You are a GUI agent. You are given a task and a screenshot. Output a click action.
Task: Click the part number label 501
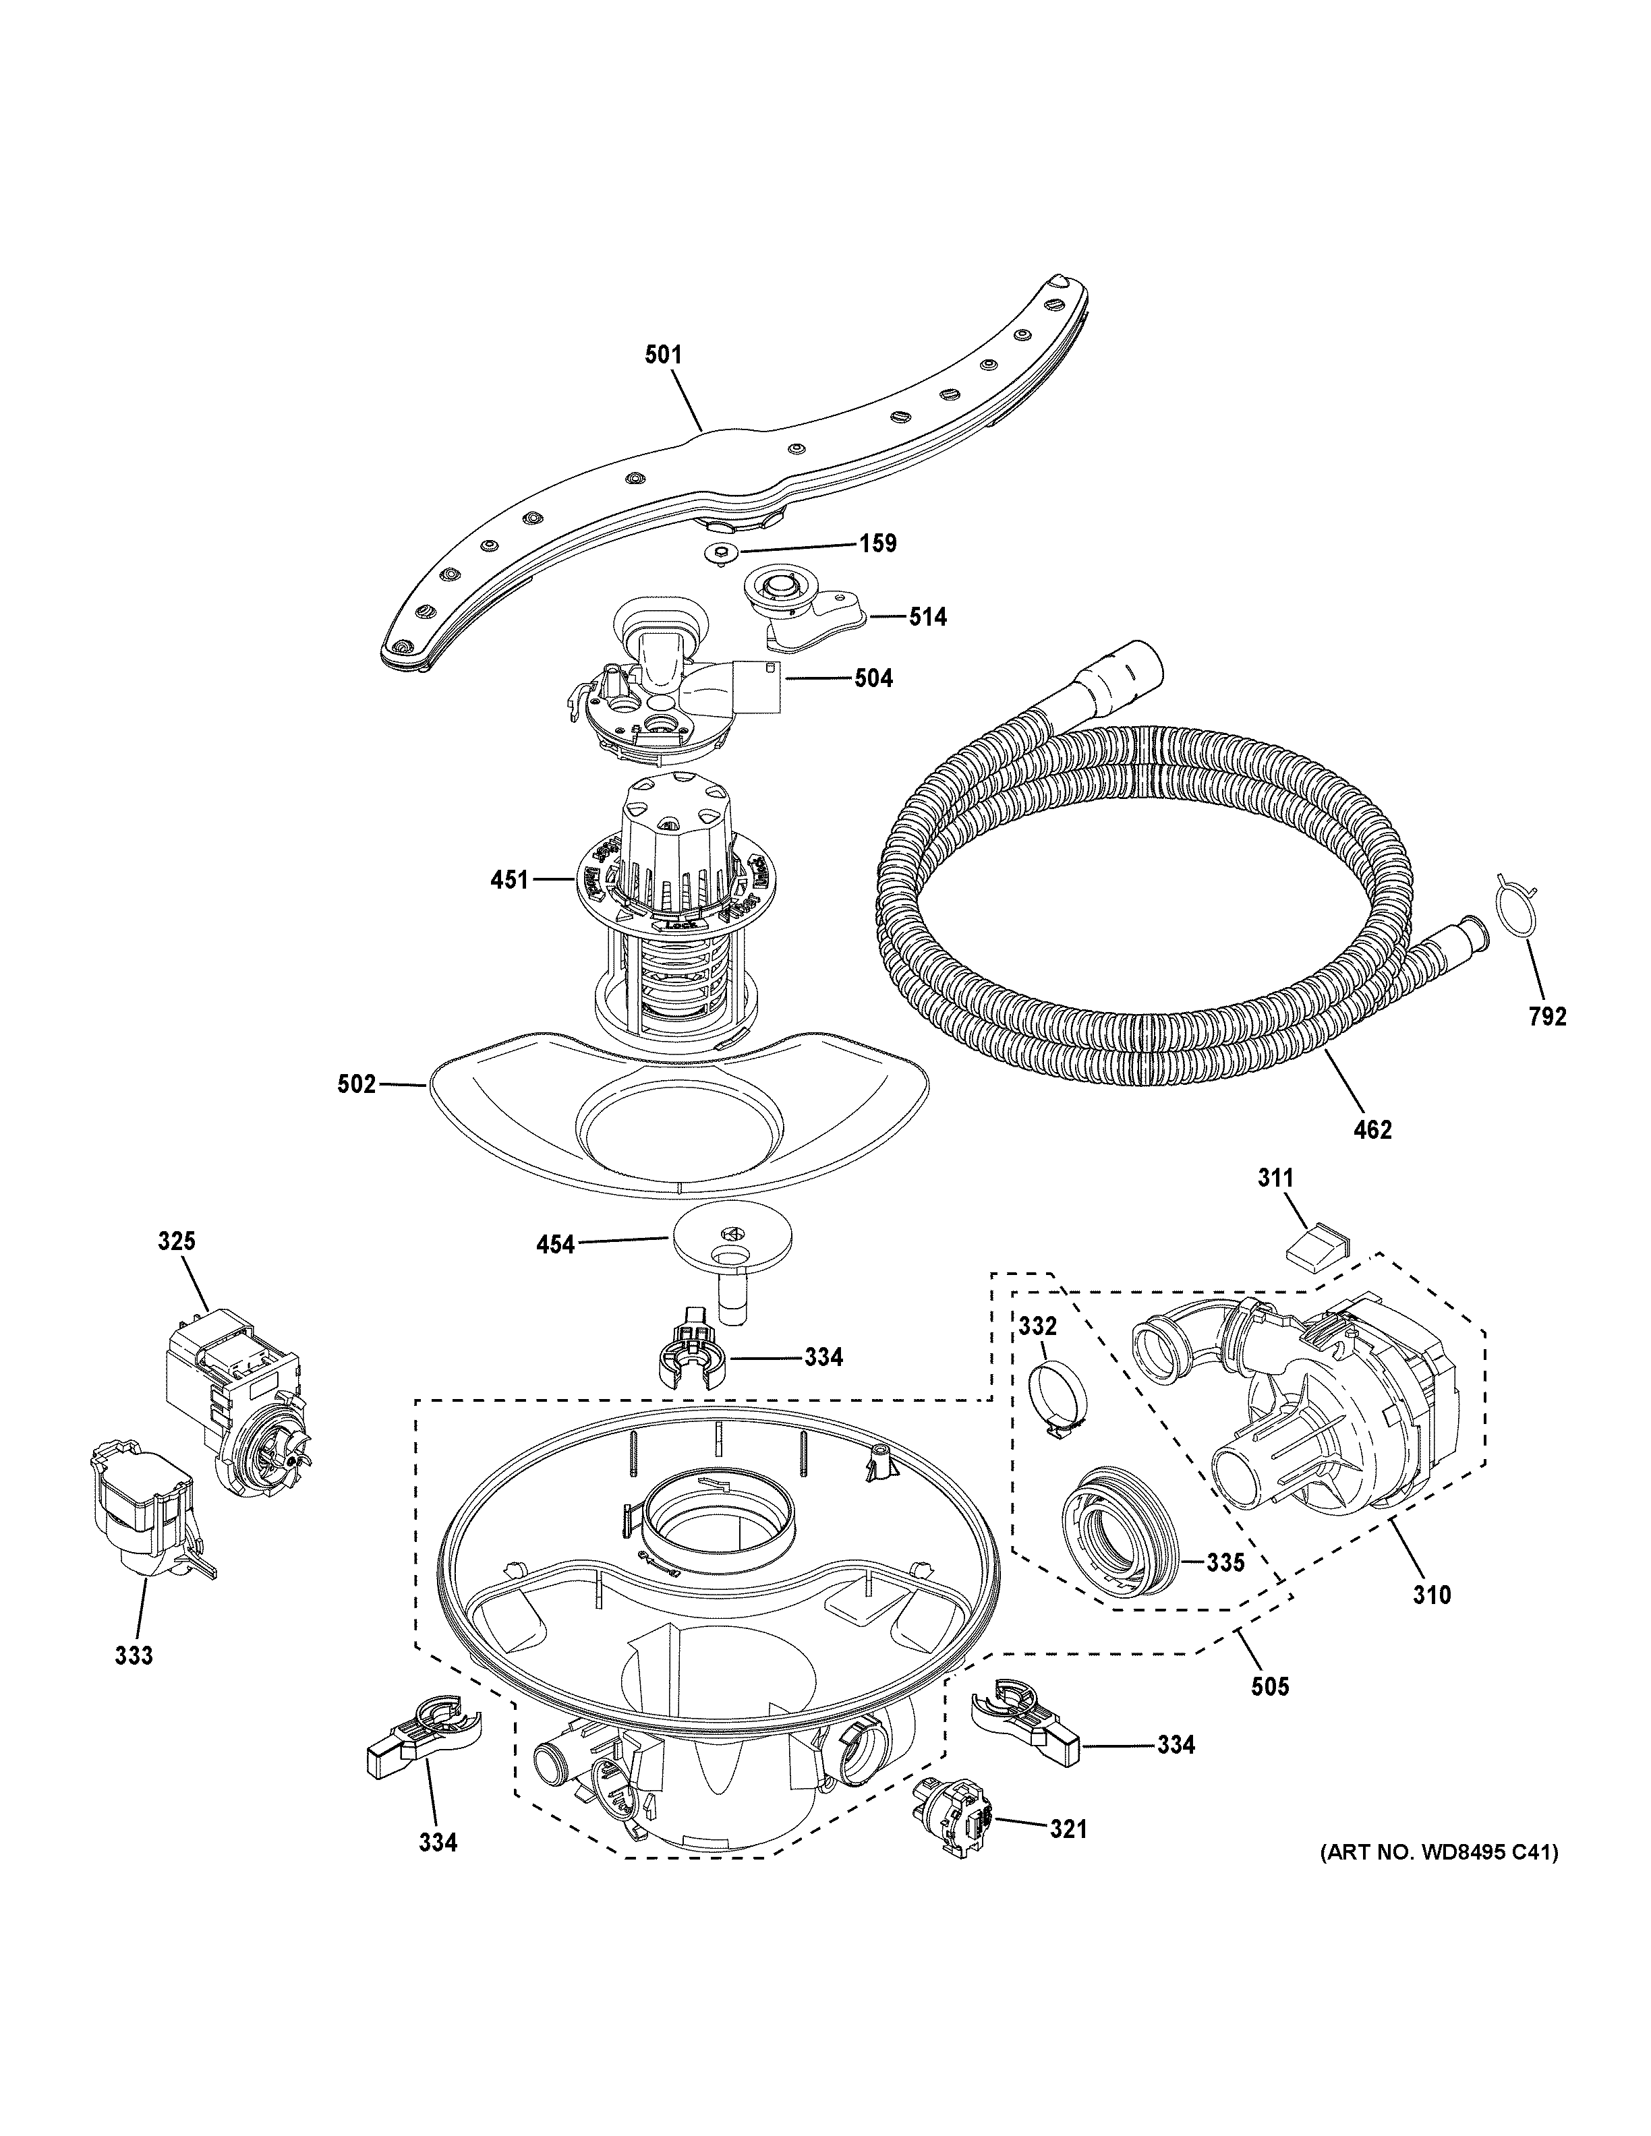pyautogui.click(x=662, y=355)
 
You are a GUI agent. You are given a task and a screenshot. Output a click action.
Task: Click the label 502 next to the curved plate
pyautogui.click(x=356, y=1084)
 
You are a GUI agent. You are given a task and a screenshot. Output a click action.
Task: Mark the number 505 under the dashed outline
pyautogui.click(x=1269, y=1685)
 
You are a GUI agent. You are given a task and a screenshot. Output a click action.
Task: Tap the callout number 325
pyautogui.click(x=177, y=1241)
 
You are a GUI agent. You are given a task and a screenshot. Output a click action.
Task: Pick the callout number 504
pyautogui.click(x=873, y=678)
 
